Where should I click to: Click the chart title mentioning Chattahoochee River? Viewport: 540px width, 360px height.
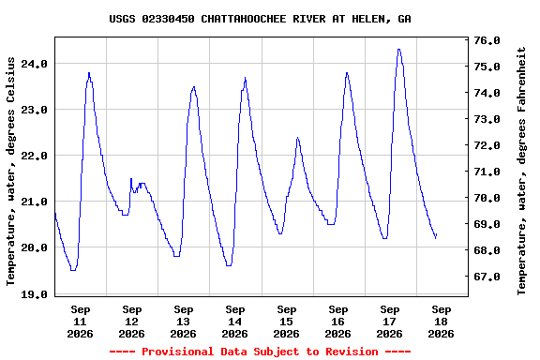point(260,19)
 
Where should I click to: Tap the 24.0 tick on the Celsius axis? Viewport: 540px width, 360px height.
point(34,64)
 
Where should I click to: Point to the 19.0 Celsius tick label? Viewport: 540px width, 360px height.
point(34,294)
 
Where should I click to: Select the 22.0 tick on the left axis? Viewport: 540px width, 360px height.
point(34,156)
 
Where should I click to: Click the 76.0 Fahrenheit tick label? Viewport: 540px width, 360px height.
point(487,40)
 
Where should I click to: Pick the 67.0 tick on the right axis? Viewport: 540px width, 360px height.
point(487,277)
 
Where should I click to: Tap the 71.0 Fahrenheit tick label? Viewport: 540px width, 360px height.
point(487,172)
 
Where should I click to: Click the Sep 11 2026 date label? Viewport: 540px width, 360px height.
point(81,322)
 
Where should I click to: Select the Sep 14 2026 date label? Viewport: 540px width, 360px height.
point(235,322)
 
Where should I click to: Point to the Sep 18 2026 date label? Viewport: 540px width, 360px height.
point(442,322)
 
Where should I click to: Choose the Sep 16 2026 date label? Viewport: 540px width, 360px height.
point(337,322)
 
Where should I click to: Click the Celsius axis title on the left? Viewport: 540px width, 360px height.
point(10,172)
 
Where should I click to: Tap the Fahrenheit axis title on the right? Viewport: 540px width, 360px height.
point(521,171)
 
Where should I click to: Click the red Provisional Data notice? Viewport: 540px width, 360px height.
point(260,352)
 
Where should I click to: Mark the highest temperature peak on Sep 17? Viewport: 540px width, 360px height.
point(398,50)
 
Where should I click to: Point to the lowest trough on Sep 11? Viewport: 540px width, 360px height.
point(73,270)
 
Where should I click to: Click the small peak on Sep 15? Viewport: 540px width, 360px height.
point(297,138)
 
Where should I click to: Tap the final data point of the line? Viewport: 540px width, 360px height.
point(436,235)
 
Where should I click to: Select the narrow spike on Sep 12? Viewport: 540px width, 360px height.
point(131,178)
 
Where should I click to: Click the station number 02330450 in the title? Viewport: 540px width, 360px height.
point(168,19)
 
